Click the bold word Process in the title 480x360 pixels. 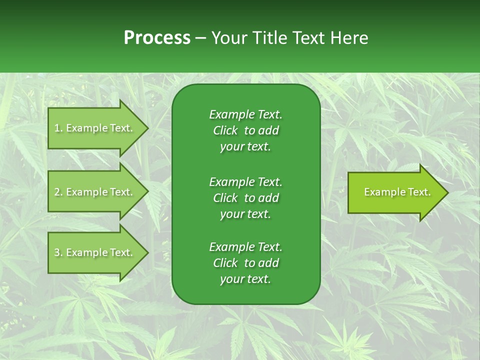point(157,38)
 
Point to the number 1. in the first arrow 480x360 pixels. point(58,128)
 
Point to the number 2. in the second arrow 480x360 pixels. point(58,192)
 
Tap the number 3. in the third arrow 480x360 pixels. point(58,252)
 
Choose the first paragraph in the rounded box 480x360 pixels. point(245,130)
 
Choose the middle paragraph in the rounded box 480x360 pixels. point(245,197)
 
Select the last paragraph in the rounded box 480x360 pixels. point(245,263)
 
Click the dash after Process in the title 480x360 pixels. point(200,38)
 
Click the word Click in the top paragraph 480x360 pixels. point(225,130)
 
